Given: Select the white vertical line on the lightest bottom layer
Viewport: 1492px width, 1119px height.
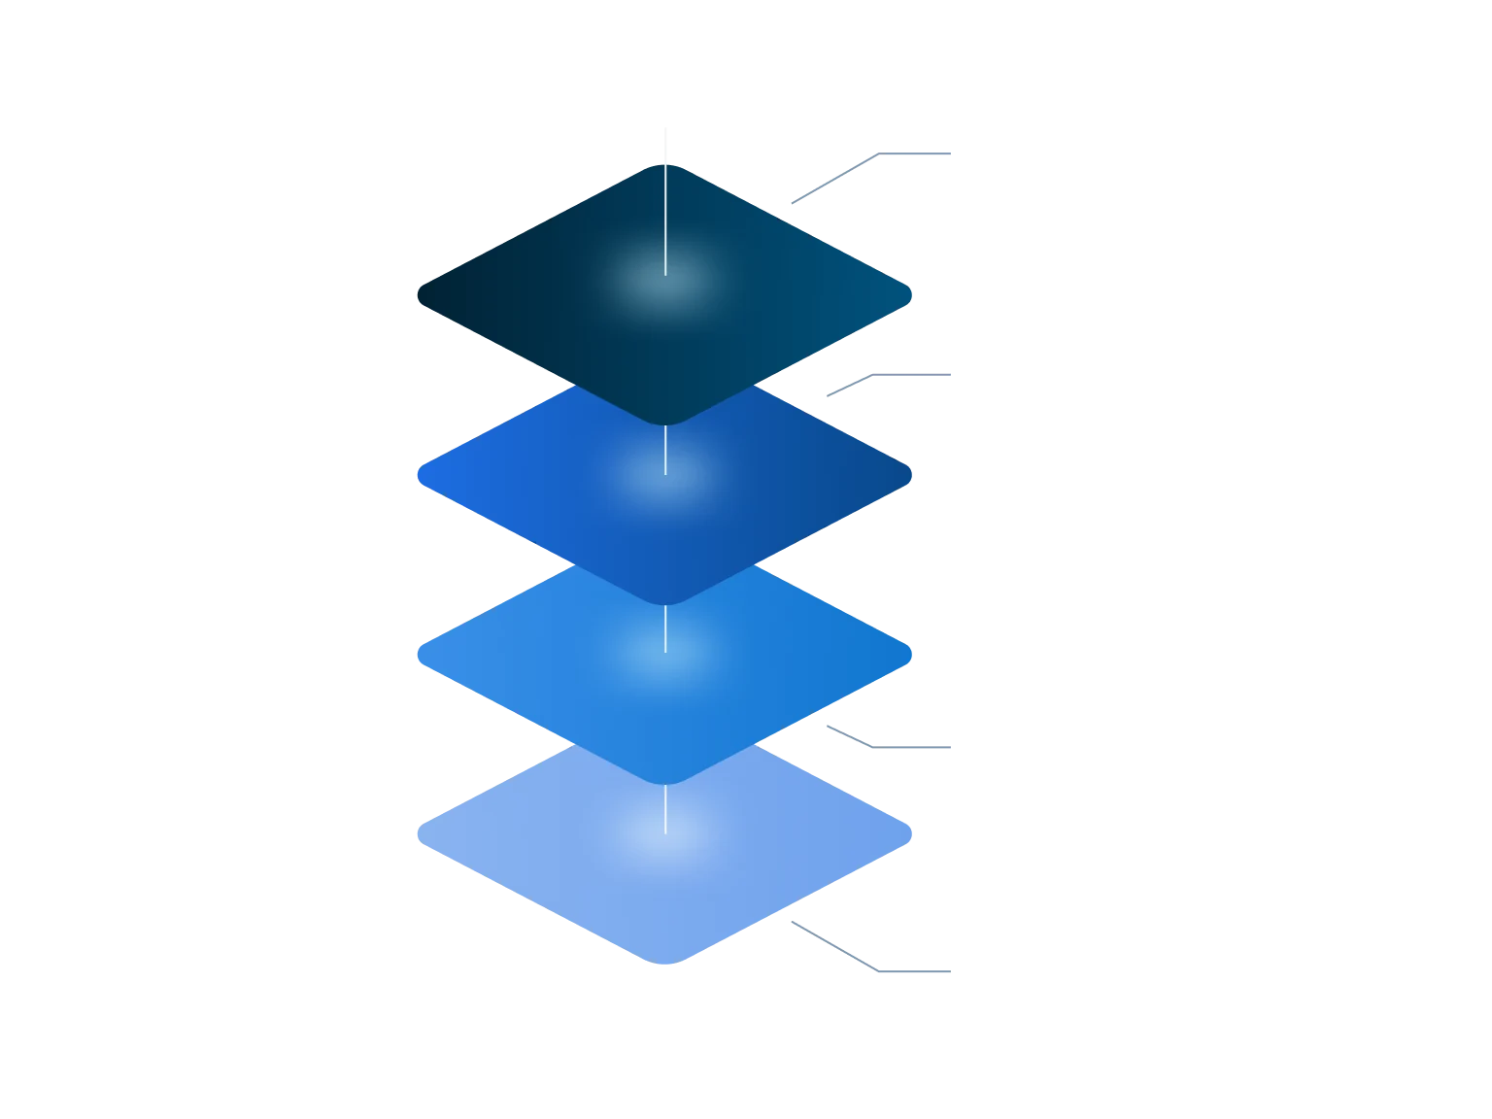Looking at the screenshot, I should (665, 808).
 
